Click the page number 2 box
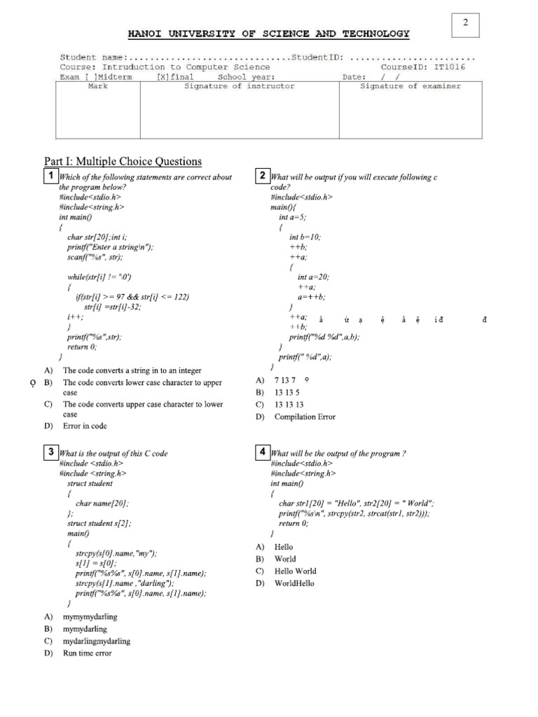tap(464, 24)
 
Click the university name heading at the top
tap(268, 34)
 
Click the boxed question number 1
tap(50, 176)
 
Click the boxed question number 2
tap(262, 176)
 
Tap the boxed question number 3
tap(50, 452)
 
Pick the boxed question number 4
tap(262, 452)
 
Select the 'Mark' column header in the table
tap(97, 86)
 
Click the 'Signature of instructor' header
tap(239, 86)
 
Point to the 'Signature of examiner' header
tap(410, 86)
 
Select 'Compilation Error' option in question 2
tap(304, 417)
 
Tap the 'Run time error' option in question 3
tap(87, 653)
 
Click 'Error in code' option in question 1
tap(85, 426)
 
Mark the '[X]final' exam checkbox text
tap(175, 77)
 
